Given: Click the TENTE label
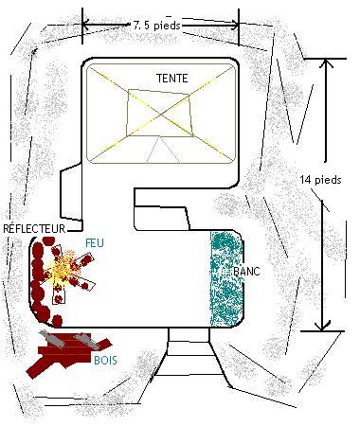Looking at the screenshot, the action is point(172,78).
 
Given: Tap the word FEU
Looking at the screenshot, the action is point(95,242).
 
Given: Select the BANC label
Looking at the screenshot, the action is point(246,271).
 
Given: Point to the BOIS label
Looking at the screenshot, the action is point(105,360).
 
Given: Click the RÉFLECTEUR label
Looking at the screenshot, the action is point(34,228).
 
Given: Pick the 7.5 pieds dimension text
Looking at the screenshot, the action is point(156,26).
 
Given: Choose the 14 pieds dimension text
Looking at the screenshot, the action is point(320,180).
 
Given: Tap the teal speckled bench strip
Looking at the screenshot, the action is point(226,279).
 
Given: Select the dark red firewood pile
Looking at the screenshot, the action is point(68,353).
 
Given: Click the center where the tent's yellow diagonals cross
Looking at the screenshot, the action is point(161,115).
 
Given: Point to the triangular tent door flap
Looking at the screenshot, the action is point(163,150).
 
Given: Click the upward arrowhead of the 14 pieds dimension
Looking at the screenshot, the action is point(326,63).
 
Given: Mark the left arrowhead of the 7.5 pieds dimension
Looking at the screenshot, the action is point(86,24).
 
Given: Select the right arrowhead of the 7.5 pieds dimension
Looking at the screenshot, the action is point(234,25).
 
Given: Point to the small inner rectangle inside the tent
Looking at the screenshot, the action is point(159,114).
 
